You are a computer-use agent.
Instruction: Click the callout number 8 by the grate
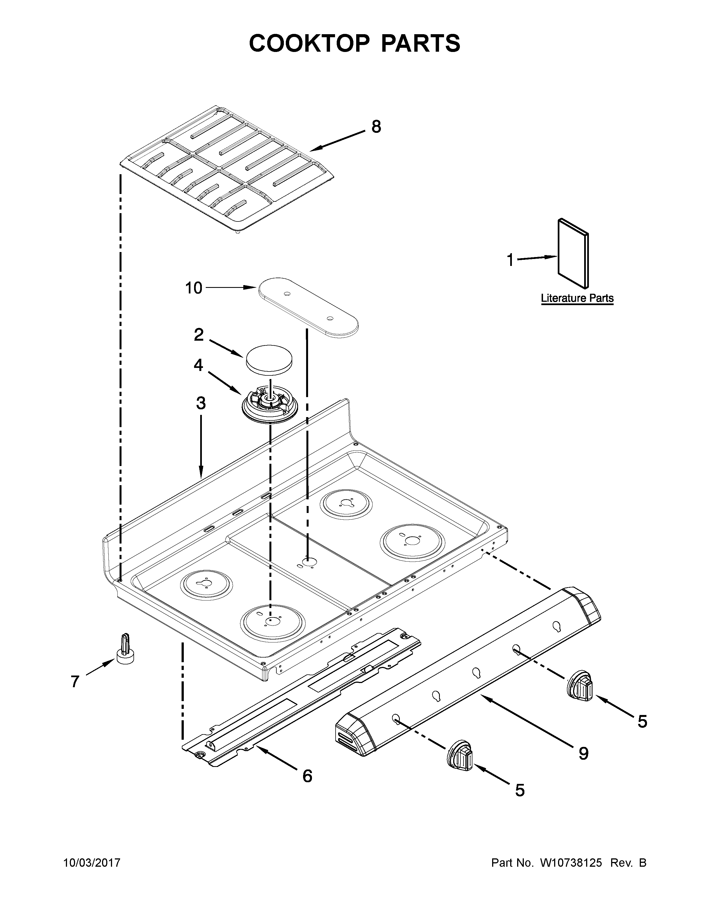click(x=376, y=126)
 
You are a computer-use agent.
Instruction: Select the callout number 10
click(x=194, y=288)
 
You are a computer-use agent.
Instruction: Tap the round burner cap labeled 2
click(x=269, y=358)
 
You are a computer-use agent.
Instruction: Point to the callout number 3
click(x=201, y=403)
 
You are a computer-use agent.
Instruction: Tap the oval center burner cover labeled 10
click(x=308, y=307)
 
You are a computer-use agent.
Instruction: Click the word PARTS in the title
click(x=420, y=43)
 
